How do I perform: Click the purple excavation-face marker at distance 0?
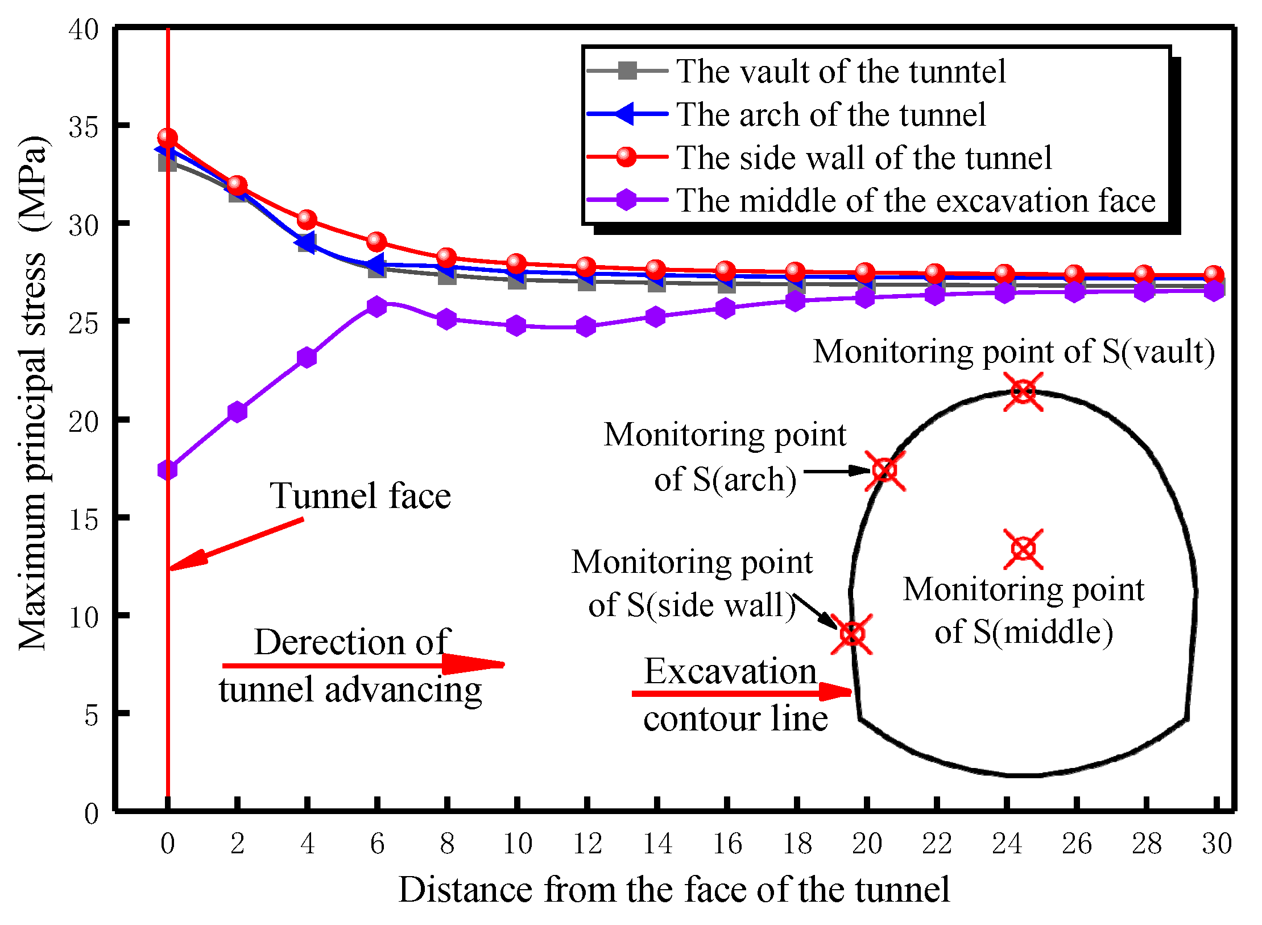coord(167,470)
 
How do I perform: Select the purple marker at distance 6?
coord(376,307)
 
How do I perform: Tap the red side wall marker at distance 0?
coord(167,138)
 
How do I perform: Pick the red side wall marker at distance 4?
coord(307,219)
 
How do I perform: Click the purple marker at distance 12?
coord(586,327)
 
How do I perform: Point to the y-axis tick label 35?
coord(83,127)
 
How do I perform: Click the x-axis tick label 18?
coord(797,844)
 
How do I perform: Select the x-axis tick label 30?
coord(1217,844)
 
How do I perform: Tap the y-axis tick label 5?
coord(91,715)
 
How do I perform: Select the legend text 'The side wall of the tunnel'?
coord(864,158)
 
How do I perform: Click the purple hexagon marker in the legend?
coord(626,200)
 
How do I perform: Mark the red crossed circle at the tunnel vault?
coord(1023,392)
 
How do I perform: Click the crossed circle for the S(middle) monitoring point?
coord(1023,549)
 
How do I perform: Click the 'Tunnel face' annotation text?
coord(360,495)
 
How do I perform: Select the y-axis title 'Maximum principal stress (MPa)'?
coord(32,393)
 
